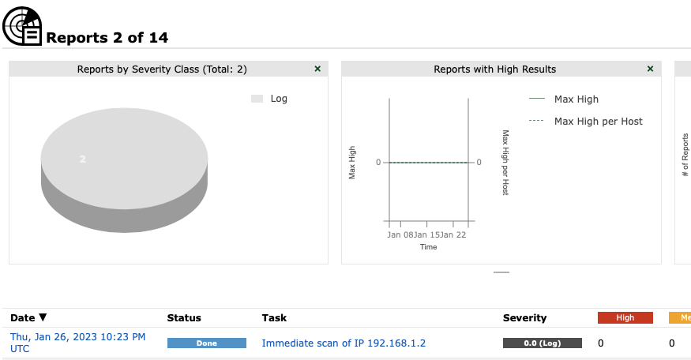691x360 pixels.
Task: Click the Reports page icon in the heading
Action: pos(22,26)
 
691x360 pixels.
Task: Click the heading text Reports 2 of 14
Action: pos(107,37)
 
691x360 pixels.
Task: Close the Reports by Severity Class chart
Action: pos(317,69)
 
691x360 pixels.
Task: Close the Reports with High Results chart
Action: pos(650,69)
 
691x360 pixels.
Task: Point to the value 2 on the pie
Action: pos(82,159)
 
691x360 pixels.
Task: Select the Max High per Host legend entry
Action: pos(598,122)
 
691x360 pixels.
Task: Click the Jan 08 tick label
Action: pos(400,234)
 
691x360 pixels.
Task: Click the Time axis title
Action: pos(428,247)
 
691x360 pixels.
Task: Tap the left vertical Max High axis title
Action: pos(352,162)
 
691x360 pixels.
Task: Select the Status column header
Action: pos(184,318)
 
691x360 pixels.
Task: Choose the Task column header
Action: pos(274,318)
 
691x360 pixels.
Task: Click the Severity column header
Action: pos(524,318)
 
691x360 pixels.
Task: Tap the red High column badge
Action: pos(625,318)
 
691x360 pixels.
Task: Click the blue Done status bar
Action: pos(206,343)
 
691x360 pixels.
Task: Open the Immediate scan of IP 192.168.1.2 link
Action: pos(344,343)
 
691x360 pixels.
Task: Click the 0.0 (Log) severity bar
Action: pos(542,343)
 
